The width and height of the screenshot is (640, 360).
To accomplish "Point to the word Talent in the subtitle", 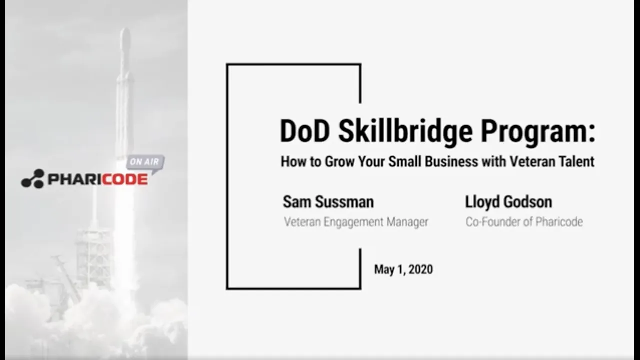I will click(577, 162).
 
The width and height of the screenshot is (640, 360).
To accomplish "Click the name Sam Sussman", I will click(328, 202).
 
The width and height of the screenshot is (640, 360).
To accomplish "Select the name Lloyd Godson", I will click(508, 202).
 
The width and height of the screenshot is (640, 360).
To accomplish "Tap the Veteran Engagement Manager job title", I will click(356, 222).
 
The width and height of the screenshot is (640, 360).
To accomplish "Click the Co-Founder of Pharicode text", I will click(524, 222).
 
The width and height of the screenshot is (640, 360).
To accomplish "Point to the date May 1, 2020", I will click(403, 270).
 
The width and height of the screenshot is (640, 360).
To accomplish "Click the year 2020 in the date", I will click(421, 270).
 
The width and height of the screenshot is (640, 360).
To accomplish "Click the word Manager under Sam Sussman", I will click(408, 222).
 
